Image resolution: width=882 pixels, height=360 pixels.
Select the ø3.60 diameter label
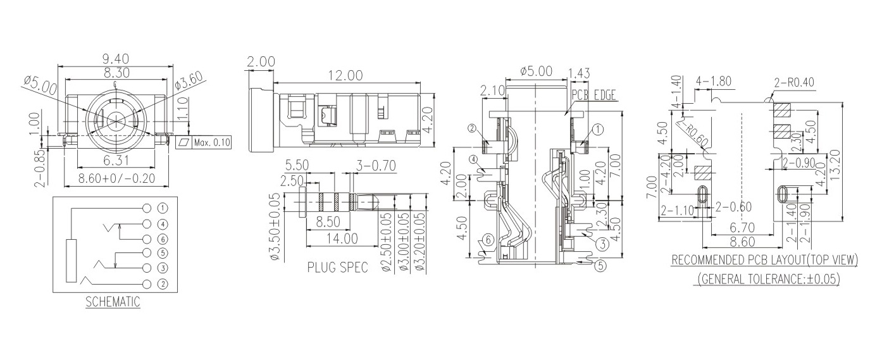click(188, 82)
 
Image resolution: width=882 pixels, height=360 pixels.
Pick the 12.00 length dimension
click(345, 75)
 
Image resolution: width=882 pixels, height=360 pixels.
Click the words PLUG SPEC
click(337, 267)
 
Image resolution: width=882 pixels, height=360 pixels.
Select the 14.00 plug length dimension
click(342, 239)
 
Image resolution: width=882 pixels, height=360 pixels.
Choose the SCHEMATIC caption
click(113, 302)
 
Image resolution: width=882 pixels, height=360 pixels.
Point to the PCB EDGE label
click(593, 94)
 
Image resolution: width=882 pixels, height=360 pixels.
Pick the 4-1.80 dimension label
click(714, 81)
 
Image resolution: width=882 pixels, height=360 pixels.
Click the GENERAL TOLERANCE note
click(769, 278)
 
